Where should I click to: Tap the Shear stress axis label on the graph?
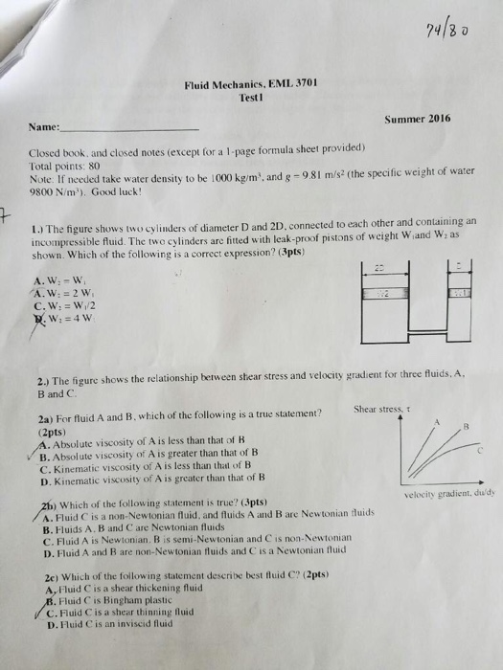tap(379, 410)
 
